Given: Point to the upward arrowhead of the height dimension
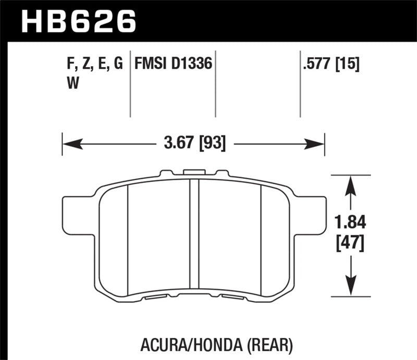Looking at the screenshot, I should [x=351, y=182].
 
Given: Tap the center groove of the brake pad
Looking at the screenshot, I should [x=194, y=234].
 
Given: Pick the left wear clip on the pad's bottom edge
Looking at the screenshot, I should [x=155, y=297].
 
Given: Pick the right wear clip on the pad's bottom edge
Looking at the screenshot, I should [x=231, y=297].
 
